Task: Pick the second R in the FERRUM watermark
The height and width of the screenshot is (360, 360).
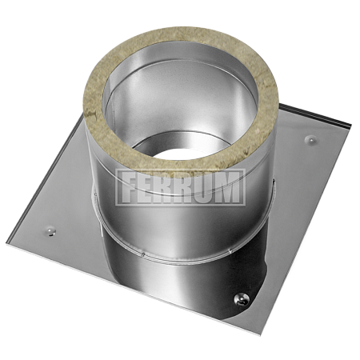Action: [x=186, y=187]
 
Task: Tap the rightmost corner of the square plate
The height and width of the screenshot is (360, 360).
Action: [x=351, y=128]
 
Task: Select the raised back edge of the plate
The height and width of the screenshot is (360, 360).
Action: [x=320, y=120]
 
